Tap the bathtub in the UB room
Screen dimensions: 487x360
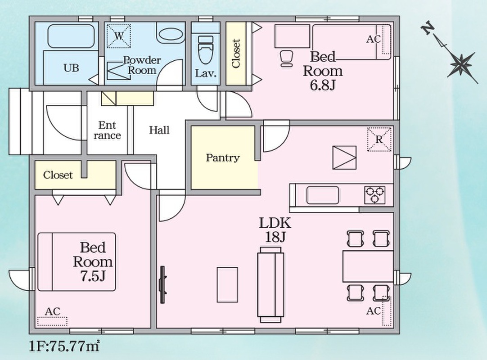point(71,36)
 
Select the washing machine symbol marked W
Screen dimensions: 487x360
point(119,36)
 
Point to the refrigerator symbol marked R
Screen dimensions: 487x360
point(379,139)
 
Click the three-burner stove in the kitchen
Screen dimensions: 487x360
point(374,195)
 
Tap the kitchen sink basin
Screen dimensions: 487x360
point(322,195)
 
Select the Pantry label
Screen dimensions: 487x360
point(223,158)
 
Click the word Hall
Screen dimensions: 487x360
point(159,130)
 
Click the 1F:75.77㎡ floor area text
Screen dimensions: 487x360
point(64,346)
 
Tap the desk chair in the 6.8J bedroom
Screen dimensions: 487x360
point(286,58)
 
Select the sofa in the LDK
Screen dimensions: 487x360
point(271,285)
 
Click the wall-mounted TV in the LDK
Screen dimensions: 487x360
point(162,284)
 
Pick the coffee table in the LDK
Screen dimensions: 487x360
point(227,284)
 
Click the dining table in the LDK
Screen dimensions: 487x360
point(368,266)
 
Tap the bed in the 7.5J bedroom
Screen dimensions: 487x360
point(77,262)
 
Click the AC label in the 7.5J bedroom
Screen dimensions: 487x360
point(53,311)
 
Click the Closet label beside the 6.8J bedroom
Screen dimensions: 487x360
point(236,54)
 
